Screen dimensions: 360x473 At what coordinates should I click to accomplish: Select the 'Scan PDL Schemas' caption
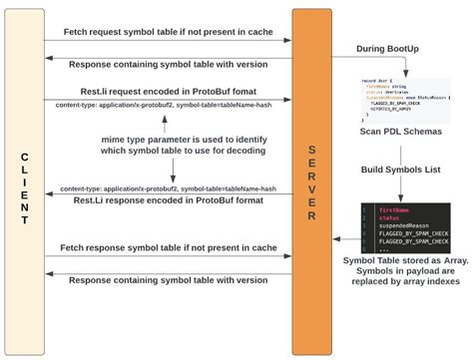tap(401, 130)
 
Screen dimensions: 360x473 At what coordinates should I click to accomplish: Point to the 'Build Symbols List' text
tap(401, 171)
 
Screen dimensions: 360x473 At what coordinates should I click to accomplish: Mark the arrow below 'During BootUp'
tap(399, 66)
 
